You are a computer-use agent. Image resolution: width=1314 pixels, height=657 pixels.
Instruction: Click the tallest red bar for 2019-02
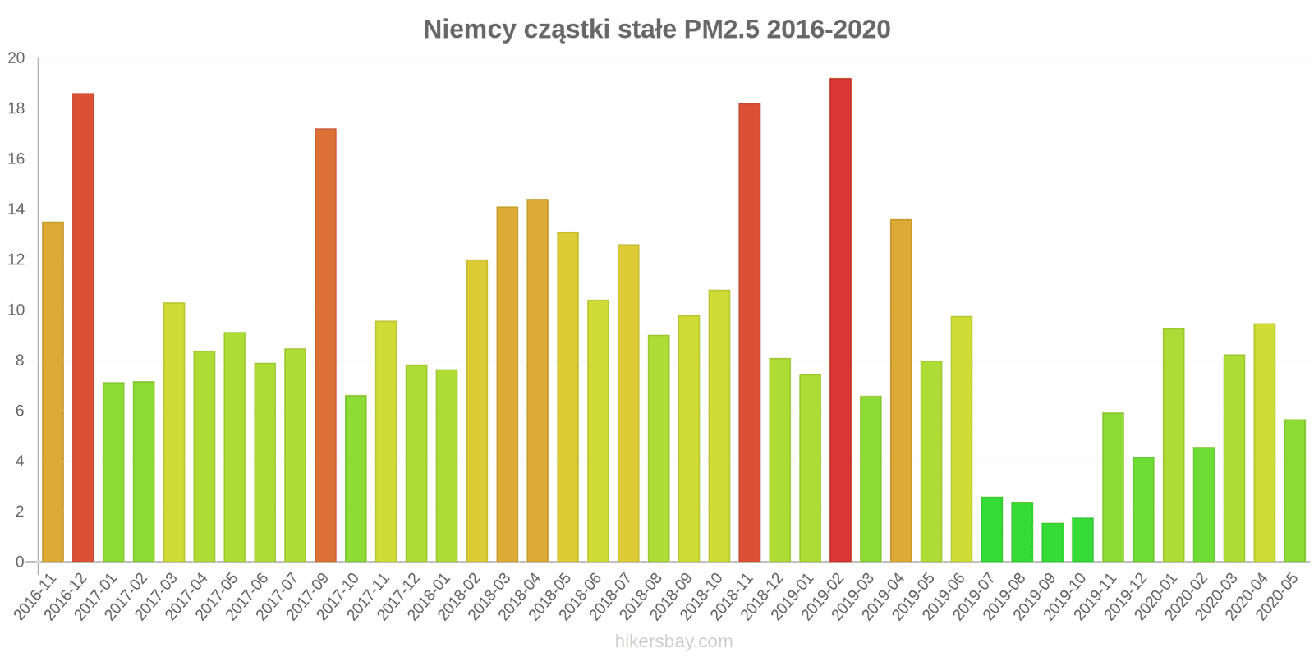[840, 320]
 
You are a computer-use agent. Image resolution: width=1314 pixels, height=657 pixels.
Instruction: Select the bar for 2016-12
[83, 328]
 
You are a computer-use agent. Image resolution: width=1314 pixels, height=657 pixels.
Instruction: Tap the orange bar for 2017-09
[325, 345]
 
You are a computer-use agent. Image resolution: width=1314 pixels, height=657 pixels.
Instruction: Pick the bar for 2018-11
[749, 333]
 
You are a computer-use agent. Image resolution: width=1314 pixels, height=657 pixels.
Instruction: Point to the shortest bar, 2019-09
[1052, 543]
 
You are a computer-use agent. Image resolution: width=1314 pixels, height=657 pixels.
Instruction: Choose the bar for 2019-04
[901, 391]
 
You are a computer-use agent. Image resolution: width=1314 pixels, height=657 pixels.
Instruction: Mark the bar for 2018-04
[537, 380]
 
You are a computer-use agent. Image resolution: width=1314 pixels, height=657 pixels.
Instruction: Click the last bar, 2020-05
[1294, 491]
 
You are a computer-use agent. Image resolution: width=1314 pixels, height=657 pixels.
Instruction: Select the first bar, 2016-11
[53, 392]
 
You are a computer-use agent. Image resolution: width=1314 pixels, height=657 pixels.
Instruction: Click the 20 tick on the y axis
[16, 58]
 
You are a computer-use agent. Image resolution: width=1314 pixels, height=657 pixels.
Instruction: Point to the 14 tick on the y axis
[16, 209]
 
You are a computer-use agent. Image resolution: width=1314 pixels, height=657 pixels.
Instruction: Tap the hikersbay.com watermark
[673, 641]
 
